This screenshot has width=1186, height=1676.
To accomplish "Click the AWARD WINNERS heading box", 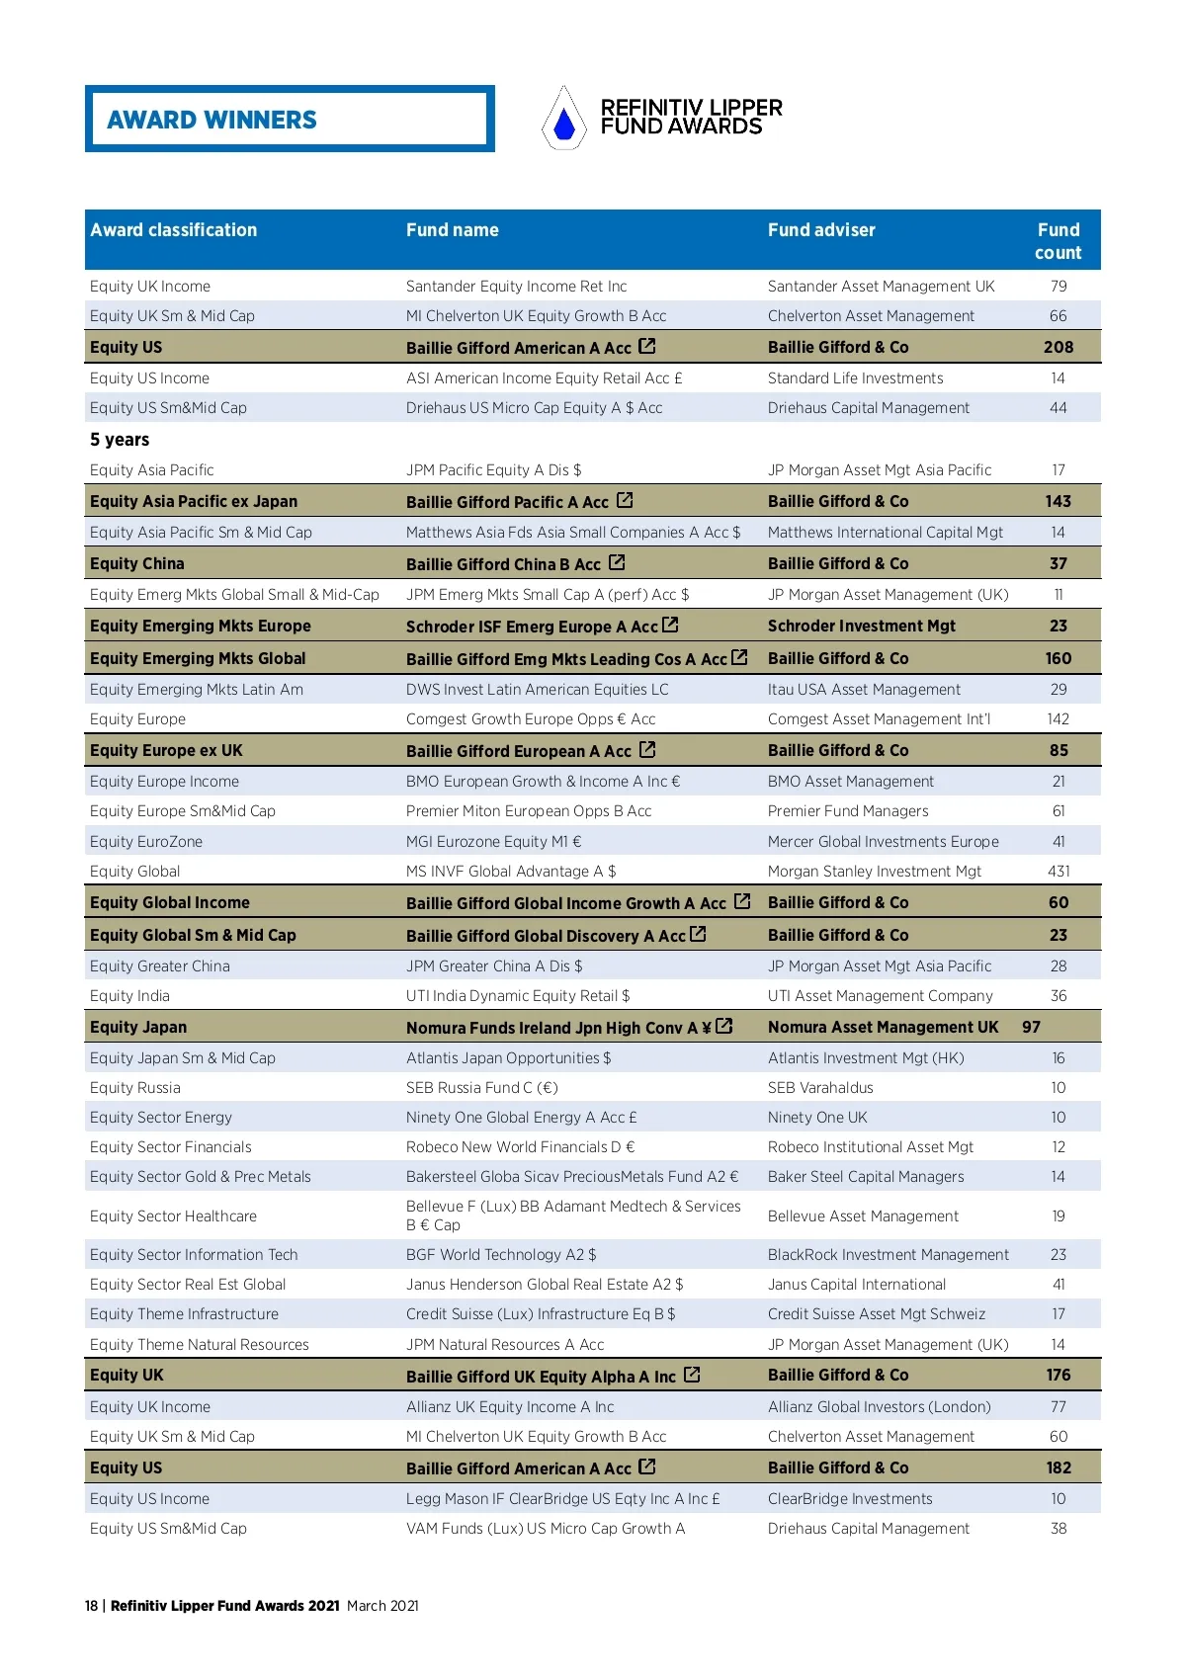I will click(290, 119).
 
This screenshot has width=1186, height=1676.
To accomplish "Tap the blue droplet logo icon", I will click(564, 122).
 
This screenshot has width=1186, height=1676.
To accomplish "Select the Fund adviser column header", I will click(821, 230).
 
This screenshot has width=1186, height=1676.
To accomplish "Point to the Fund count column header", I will click(1058, 241).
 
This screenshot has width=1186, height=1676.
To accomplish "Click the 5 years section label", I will click(120, 440).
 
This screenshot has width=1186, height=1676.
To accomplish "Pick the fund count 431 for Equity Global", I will click(1058, 872).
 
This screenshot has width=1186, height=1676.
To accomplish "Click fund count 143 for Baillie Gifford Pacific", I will click(1058, 502).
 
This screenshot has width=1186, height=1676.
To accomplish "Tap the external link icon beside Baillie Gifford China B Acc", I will click(618, 562).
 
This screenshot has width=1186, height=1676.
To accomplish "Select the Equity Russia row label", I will click(135, 1088).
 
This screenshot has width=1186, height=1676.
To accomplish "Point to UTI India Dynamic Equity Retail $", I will click(517, 996).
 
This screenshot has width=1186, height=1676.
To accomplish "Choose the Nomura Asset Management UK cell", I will click(883, 1028).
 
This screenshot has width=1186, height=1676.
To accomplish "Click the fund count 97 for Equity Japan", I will click(1031, 1028).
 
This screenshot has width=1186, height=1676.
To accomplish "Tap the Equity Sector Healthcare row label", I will click(173, 1216).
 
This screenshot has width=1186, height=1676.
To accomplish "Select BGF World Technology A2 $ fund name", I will click(501, 1255).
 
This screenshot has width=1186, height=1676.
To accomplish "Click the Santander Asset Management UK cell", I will click(881, 287).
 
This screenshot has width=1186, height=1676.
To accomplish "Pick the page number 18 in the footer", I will click(91, 1606).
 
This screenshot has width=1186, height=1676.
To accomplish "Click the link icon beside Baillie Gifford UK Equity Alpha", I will click(692, 1375).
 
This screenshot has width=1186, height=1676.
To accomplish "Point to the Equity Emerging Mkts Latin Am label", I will click(197, 690).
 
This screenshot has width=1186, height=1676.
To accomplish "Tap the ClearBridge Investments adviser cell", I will click(850, 1499).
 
